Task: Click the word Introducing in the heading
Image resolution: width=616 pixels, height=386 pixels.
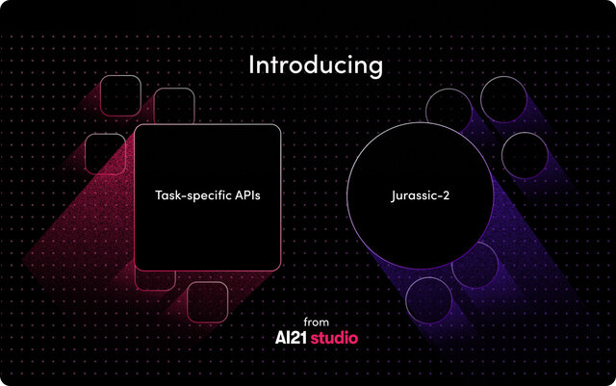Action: click(316, 65)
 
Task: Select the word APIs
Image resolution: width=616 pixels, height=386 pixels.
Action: click(245, 195)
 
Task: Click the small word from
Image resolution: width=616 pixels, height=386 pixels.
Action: click(316, 322)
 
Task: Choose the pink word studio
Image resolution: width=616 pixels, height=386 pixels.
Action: click(334, 339)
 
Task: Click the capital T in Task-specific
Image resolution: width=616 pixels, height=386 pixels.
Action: click(159, 195)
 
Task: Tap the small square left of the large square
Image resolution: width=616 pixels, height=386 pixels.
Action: click(105, 153)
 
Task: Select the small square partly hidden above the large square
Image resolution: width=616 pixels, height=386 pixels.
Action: click(174, 106)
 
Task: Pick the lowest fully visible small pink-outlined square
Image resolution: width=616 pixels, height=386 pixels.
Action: click(207, 300)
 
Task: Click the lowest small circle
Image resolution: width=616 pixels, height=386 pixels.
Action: click(427, 298)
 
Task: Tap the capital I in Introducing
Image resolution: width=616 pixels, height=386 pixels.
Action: click(252, 65)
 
